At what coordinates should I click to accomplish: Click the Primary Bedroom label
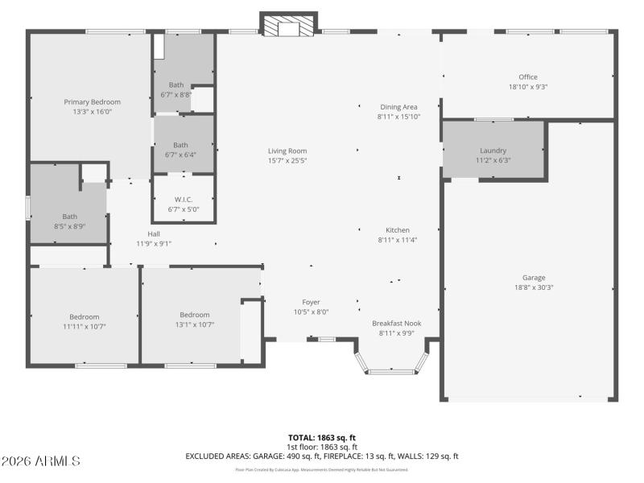[93, 102]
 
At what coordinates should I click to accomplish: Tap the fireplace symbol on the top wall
[288, 26]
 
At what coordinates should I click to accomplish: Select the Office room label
[528, 77]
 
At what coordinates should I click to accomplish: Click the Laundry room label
[493, 151]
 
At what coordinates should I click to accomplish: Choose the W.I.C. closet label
[183, 199]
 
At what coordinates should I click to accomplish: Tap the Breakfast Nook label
[396, 323]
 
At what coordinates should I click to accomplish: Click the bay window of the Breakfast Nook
[392, 369]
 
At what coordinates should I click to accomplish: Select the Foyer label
[311, 302]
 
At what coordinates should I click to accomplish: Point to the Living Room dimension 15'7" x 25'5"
[287, 160]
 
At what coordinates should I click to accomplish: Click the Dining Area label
[398, 107]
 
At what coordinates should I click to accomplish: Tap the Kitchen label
[398, 230]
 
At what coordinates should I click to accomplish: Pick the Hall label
[153, 233]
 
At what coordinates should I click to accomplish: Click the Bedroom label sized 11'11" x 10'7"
[84, 316]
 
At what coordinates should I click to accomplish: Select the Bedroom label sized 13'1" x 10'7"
[194, 315]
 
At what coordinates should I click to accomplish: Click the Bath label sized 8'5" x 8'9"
[70, 216]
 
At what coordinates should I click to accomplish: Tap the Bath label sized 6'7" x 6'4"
[180, 145]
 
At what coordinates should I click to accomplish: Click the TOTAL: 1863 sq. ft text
[322, 437]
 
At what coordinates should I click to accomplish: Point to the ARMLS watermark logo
[41, 461]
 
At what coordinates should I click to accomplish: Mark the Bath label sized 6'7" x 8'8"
[175, 85]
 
